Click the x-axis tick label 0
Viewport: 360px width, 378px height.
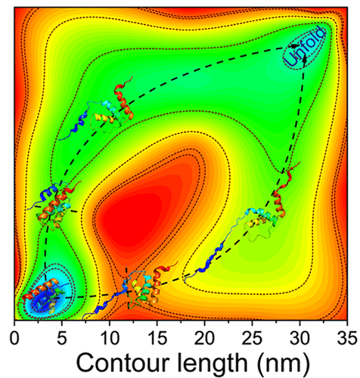14,338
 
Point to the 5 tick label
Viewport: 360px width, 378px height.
62,338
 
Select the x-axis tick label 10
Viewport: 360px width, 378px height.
110,338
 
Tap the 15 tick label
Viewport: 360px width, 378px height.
157,338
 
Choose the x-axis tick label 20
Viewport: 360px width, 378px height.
205,338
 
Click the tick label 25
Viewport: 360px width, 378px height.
252,338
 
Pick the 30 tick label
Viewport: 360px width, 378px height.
299,338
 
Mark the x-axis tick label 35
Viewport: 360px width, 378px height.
347,338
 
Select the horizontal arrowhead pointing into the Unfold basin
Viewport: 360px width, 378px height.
293,46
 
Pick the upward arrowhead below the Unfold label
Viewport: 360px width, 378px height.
305,59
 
